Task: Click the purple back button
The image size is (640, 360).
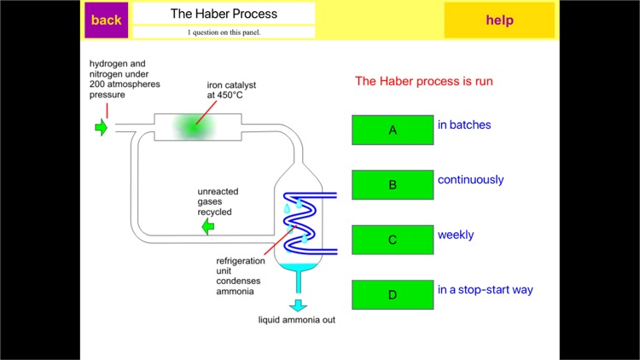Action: click(x=106, y=20)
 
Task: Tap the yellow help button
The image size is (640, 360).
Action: click(x=499, y=20)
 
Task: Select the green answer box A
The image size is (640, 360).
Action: click(x=393, y=130)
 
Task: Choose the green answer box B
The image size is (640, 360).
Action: click(x=393, y=184)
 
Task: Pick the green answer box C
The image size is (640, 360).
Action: click(x=393, y=240)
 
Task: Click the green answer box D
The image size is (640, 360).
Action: click(x=393, y=294)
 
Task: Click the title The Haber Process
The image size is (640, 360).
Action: click(x=224, y=14)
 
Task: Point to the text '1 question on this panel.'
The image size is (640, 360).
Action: click(x=224, y=32)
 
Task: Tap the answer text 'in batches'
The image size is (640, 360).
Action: click(x=464, y=125)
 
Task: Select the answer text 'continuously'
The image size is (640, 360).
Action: click(x=470, y=180)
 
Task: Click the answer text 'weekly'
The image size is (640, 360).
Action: click(x=456, y=235)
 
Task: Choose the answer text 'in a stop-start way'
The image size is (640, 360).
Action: click(x=485, y=290)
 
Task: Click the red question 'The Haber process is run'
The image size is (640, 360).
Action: click(x=424, y=82)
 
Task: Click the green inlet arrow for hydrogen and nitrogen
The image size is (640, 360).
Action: click(x=101, y=128)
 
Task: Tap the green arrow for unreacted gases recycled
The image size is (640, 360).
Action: click(x=207, y=227)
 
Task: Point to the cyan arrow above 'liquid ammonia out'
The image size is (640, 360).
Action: click(x=298, y=305)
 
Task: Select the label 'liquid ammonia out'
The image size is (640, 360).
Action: click(x=297, y=322)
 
